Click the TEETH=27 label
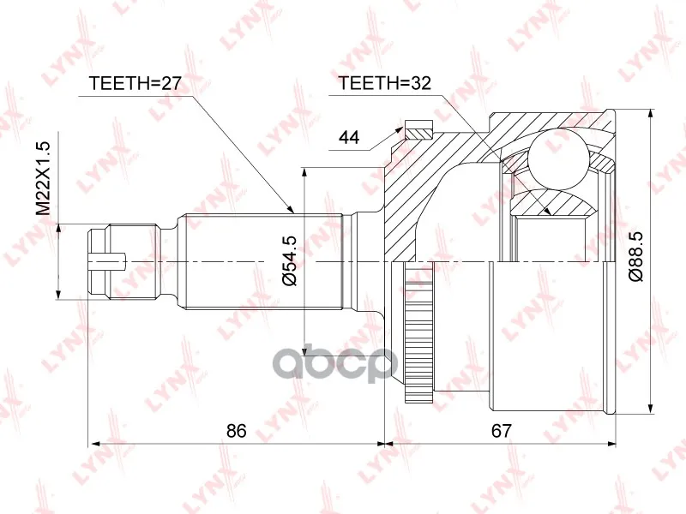point(135,82)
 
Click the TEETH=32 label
point(385,82)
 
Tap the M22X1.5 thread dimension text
point(44,178)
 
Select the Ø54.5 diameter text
point(290,260)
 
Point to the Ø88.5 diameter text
point(635,256)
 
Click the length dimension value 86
point(237,431)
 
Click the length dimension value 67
point(501,431)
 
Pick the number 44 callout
point(349,137)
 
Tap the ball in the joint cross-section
point(558,158)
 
